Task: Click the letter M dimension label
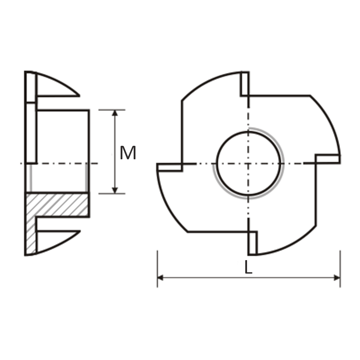click(128, 153)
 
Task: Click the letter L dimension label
click(248, 267)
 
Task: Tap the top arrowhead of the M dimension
click(115, 113)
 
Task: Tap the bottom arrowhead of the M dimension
click(115, 190)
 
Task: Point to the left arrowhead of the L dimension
click(160, 278)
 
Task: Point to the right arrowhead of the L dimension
click(337, 278)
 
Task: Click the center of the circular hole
click(248, 163)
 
